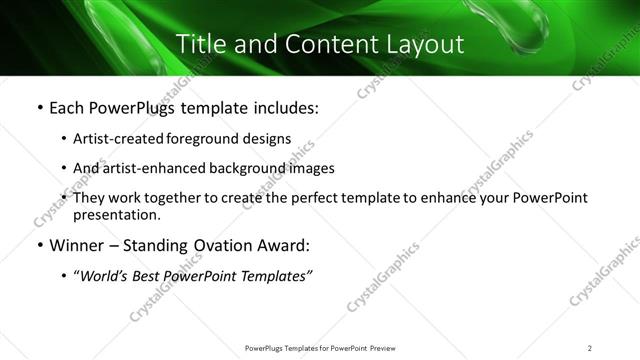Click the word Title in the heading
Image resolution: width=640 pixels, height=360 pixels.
tap(200, 44)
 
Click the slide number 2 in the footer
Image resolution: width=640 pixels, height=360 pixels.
tap(589, 348)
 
